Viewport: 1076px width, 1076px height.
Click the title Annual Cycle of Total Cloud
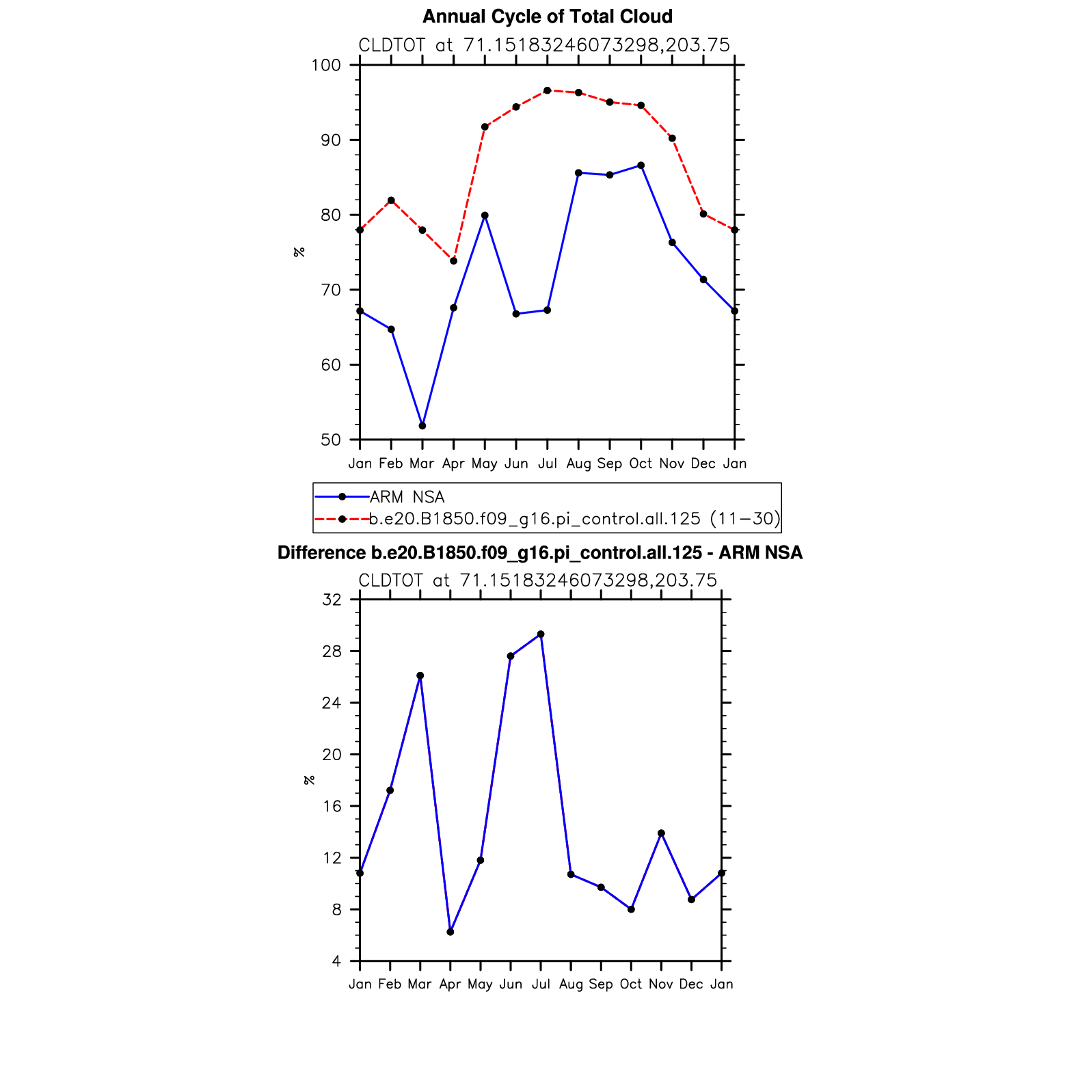(x=547, y=16)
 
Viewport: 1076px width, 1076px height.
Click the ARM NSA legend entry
(x=407, y=497)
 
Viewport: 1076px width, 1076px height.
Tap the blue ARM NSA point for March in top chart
(x=422, y=426)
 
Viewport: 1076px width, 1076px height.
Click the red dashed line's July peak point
(x=547, y=90)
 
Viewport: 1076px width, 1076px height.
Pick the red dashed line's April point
(x=453, y=261)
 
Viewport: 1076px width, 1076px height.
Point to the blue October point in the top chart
(x=641, y=165)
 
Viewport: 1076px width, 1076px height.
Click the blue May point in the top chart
(x=485, y=215)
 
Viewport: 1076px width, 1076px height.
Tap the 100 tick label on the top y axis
(x=325, y=66)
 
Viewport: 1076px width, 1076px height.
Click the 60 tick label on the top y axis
(x=330, y=365)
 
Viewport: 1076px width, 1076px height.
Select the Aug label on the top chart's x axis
(x=578, y=463)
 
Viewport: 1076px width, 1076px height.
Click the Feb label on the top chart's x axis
(x=390, y=463)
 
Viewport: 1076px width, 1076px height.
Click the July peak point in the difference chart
(x=541, y=634)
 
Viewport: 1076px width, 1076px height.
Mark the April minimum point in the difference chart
(x=450, y=932)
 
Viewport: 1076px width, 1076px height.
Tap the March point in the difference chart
(x=420, y=675)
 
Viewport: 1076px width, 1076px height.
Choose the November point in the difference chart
(x=661, y=833)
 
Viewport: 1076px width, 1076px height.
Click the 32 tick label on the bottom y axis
(x=332, y=600)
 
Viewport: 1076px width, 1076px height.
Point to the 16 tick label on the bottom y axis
(x=332, y=806)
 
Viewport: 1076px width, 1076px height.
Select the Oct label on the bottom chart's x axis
(x=631, y=984)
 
